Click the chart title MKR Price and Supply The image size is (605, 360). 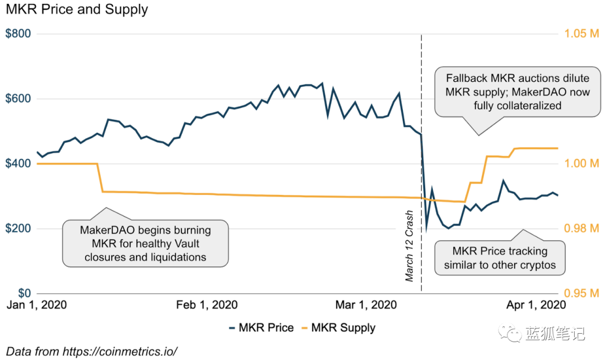click(77, 10)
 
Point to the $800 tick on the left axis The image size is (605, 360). click(18, 34)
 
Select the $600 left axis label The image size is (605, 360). click(18, 99)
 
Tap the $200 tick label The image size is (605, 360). click(18, 229)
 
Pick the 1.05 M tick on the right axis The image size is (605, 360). click(582, 34)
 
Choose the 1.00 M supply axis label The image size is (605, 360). click(582, 163)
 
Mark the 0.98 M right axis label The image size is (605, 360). click(582, 228)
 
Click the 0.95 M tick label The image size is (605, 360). click(582, 294)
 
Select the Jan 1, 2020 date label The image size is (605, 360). click(36, 305)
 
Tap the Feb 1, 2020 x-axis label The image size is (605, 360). click(207, 305)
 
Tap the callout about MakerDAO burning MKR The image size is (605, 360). click(146, 244)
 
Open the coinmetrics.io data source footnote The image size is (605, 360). click(92, 352)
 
